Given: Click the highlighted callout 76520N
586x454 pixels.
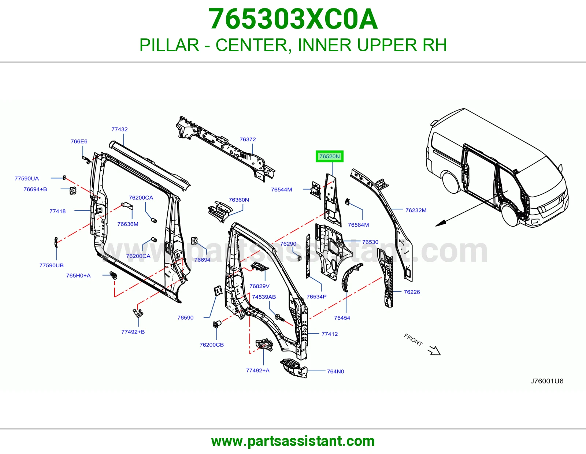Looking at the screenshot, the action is pyautogui.click(x=329, y=156).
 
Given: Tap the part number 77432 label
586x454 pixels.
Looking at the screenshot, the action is pyautogui.click(x=119, y=129).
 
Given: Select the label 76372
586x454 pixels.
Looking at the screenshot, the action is pyautogui.click(x=248, y=139).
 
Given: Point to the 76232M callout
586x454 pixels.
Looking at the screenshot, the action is pyautogui.click(x=416, y=210).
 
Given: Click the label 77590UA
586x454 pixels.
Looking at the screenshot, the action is pyautogui.click(x=27, y=178).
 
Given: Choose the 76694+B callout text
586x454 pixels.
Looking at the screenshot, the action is pyautogui.click(x=35, y=189).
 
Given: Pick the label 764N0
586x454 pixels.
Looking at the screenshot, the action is pyautogui.click(x=335, y=372).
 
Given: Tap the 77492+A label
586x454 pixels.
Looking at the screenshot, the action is pyautogui.click(x=257, y=371).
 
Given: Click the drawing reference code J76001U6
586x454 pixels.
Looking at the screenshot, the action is pyautogui.click(x=547, y=381).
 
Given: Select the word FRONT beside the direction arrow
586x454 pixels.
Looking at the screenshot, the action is pyautogui.click(x=413, y=340).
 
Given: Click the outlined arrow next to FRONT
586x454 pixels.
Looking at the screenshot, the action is pyautogui.click(x=434, y=351).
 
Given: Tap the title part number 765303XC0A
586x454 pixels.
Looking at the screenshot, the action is pyautogui.click(x=293, y=19).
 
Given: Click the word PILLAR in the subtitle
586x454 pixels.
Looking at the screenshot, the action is pyautogui.click(x=169, y=45).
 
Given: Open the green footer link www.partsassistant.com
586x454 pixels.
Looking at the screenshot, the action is pyautogui.click(x=293, y=441).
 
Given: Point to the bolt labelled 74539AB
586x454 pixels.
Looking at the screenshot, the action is pyautogui.click(x=280, y=317).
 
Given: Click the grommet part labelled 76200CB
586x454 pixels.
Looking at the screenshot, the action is pyautogui.click(x=217, y=324).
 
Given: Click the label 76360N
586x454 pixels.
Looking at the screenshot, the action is pyautogui.click(x=239, y=200).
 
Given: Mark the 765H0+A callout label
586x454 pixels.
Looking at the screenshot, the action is pyautogui.click(x=78, y=276).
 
